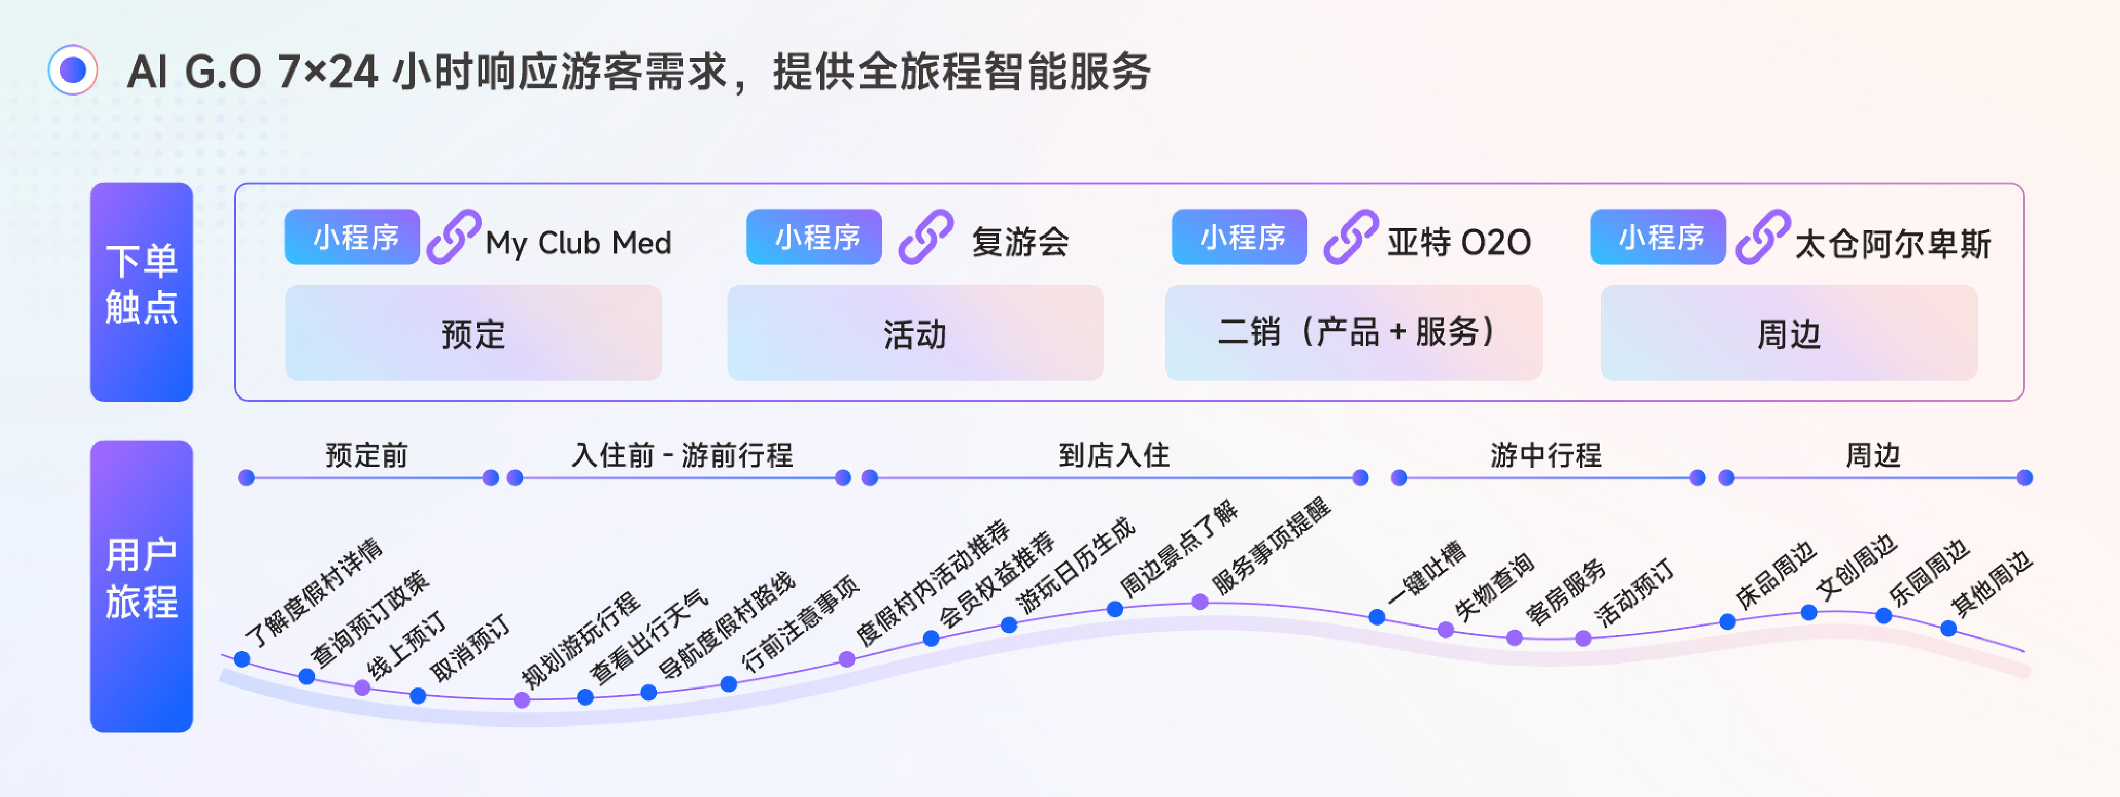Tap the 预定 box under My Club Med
473,333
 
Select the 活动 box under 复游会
914,333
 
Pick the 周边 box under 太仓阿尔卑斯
1789,333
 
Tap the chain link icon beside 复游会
925,238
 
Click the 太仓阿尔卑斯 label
1892,243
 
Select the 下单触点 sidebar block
141,292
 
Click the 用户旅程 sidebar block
141,586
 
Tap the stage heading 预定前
366,455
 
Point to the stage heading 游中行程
1546,455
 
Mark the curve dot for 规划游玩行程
522,701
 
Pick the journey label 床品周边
1775,576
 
